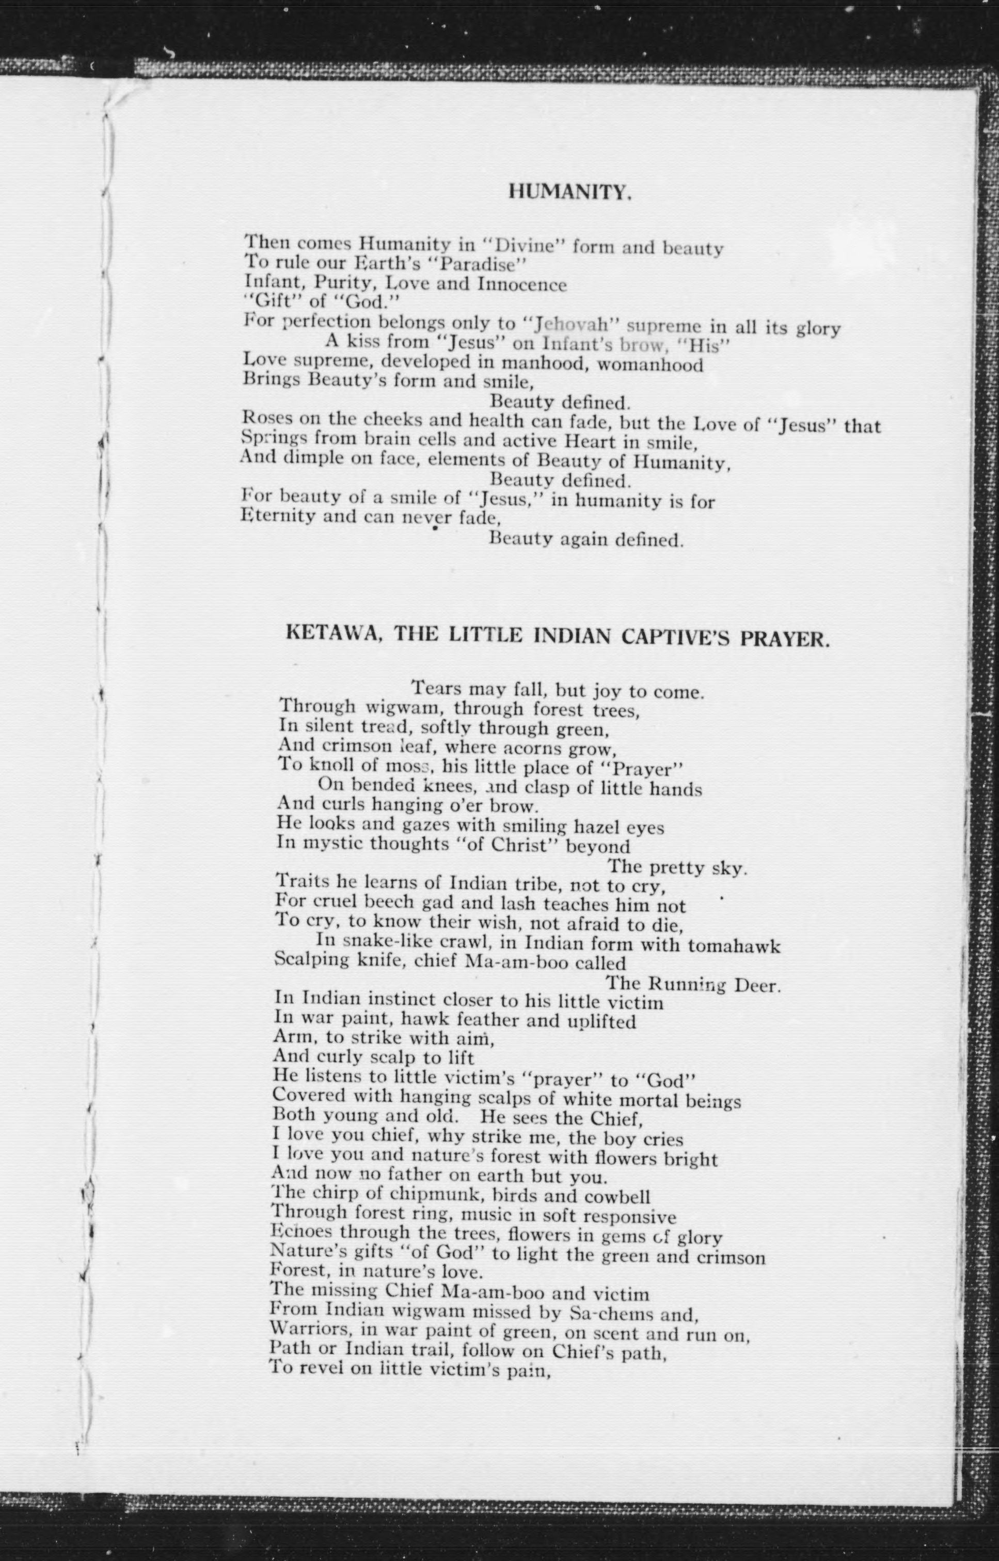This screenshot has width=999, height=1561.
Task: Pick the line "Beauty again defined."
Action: (586, 539)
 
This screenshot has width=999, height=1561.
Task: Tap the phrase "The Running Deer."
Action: (693, 985)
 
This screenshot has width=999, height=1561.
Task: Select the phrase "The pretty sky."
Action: (677, 867)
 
